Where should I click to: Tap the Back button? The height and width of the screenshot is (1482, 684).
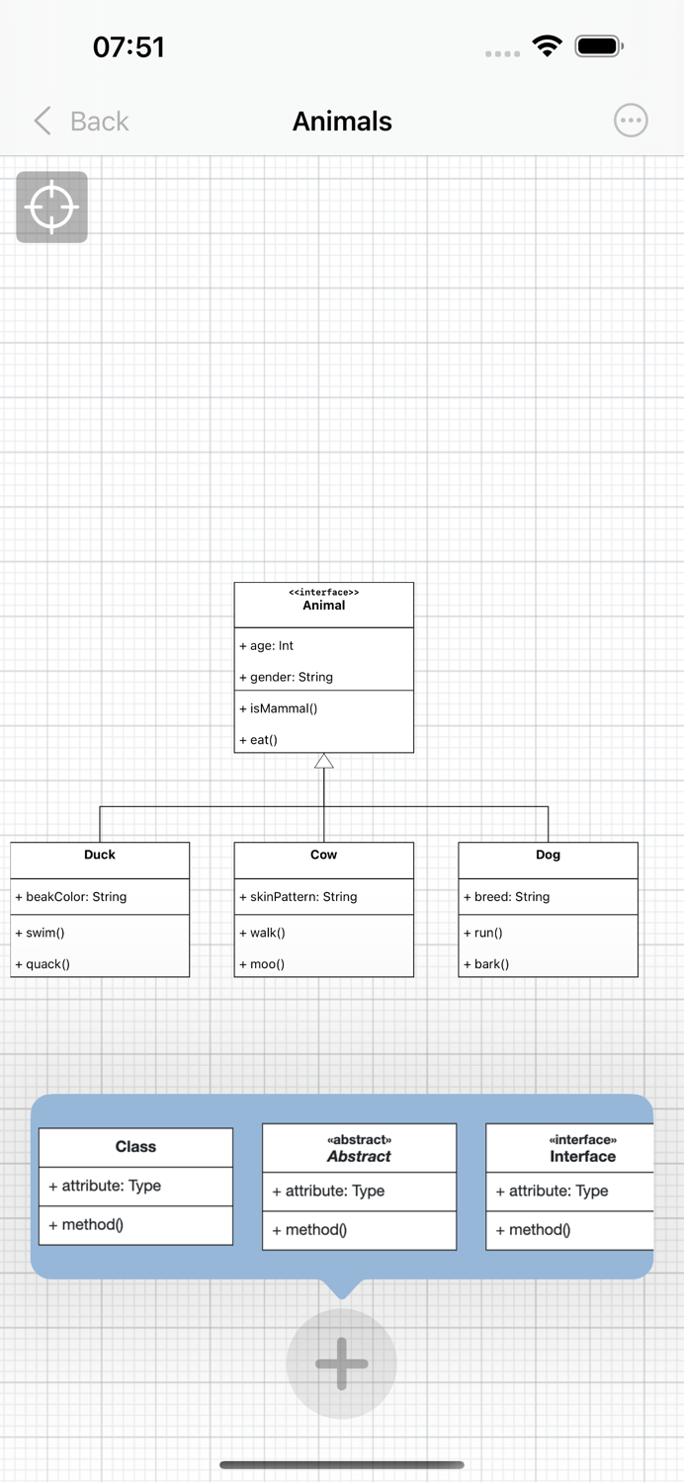82,122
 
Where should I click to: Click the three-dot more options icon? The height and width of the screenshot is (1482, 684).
631,121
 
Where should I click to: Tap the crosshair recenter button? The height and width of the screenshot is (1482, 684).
52,207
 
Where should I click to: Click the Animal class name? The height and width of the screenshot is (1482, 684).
324,606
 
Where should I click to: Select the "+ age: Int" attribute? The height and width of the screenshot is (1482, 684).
267,645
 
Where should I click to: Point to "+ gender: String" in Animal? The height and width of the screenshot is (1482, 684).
286,677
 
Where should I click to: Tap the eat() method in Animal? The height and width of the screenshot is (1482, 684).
259,739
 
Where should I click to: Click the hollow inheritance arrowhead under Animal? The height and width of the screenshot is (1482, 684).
324,761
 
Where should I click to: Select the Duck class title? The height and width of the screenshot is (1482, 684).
100,855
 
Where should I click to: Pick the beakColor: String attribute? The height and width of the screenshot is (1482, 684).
71,897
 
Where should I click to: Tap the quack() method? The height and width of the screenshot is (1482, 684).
43,963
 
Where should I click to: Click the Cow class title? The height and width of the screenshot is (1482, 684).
324,855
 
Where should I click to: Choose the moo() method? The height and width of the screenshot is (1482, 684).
262,963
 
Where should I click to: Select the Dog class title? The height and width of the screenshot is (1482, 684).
548,855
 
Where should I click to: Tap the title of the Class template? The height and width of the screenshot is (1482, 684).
135,1147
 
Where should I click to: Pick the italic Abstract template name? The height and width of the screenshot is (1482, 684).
359,1157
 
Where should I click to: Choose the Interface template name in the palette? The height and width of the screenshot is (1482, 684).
582,1157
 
